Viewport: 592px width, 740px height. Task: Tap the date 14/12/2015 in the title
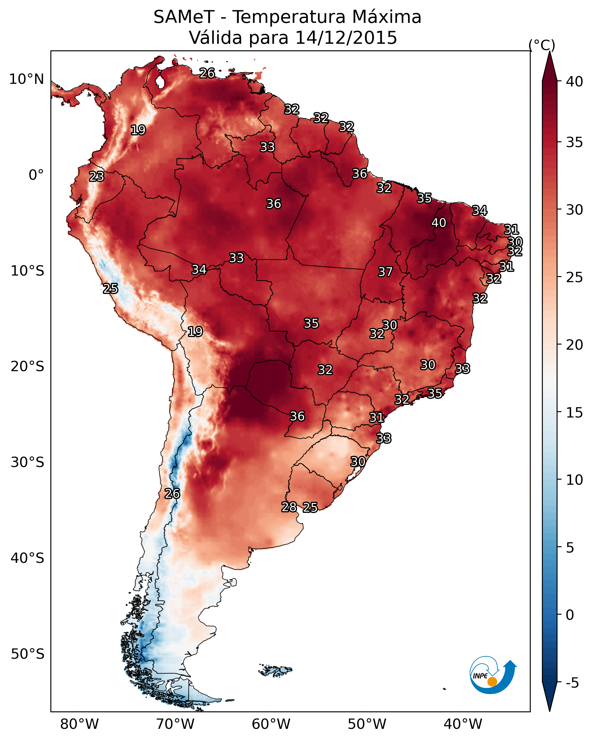coord(346,37)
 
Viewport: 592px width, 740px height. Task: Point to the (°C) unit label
coord(542,45)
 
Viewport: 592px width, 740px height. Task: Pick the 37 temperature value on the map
coord(385,272)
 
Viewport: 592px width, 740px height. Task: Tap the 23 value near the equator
coord(97,177)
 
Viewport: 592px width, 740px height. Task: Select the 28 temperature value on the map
coord(289,507)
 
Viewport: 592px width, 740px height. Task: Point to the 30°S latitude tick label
coord(27,463)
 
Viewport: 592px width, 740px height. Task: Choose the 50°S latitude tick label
coord(27,654)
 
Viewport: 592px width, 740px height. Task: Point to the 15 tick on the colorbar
coord(575,413)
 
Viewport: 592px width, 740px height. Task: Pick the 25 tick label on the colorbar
coord(575,277)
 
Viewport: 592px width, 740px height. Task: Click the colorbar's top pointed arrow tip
coord(549,52)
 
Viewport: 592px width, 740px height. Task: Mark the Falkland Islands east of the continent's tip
coord(275,670)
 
